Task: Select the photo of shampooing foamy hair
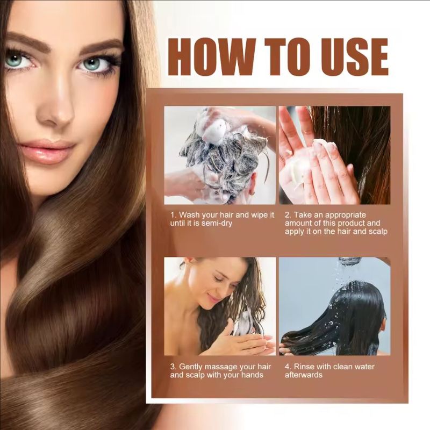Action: pyautogui.click(x=219, y=155)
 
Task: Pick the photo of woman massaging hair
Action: pyautogui.click(x=219, y=306)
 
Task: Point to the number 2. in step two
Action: pyautogui.click(x=288, y=214)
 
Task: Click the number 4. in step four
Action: pyautogui.click(x=288, y=367)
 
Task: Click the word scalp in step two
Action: pyautogui.click(x=377, y=232)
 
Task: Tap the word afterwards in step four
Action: pyautogui.click(x=304, y=375)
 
